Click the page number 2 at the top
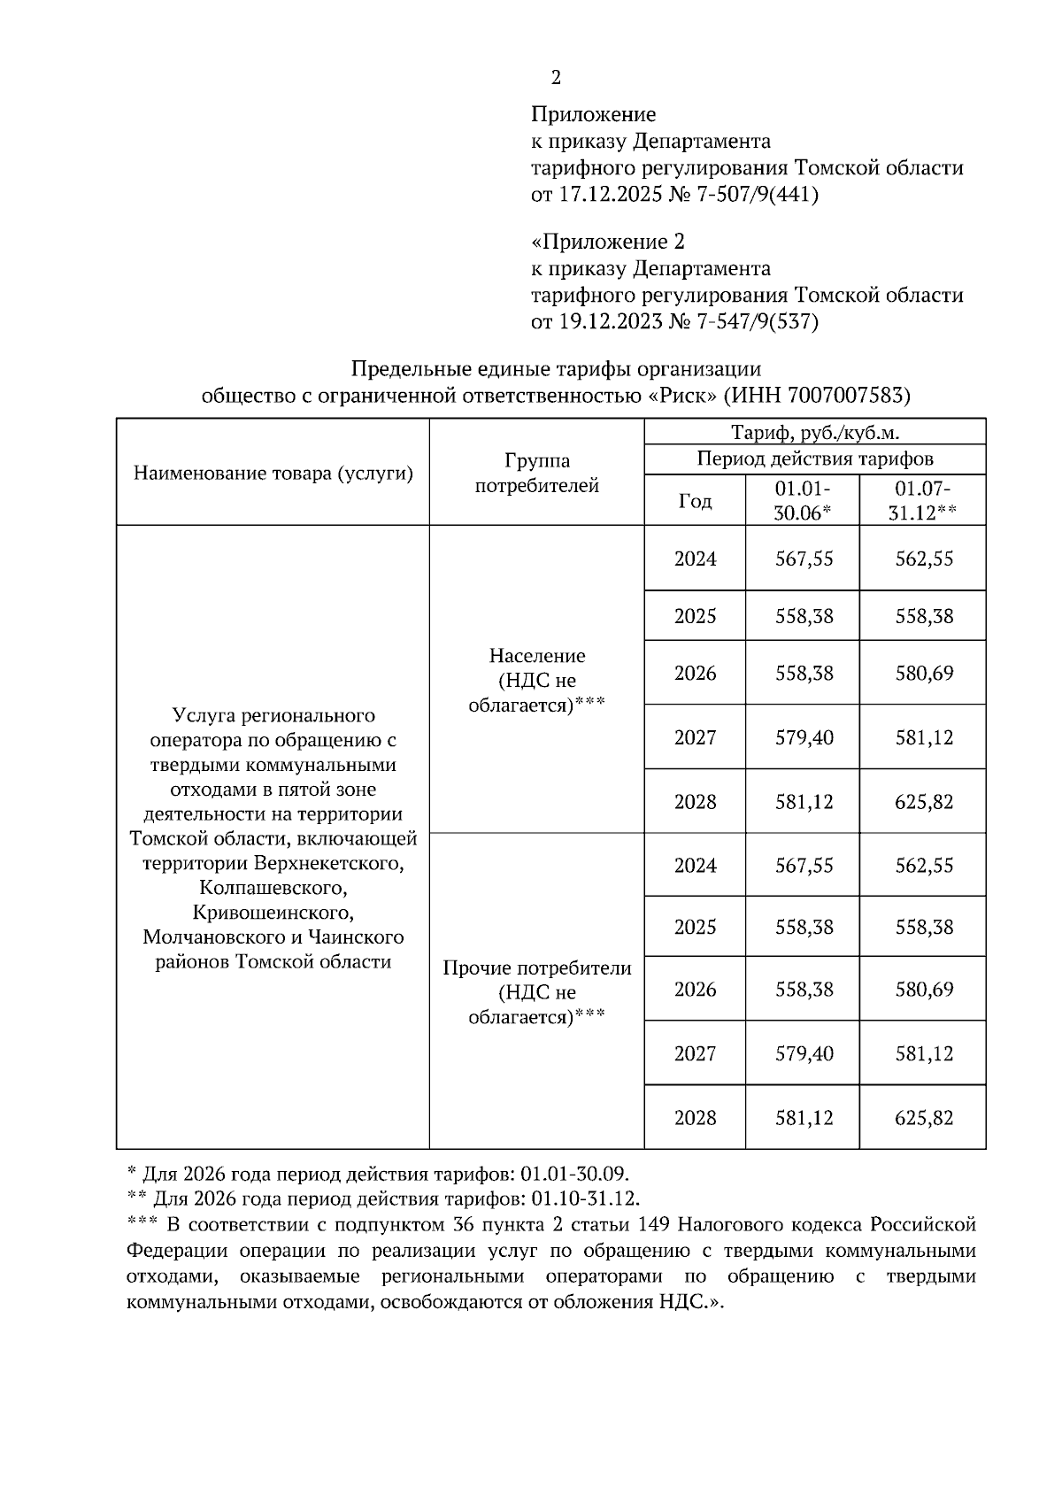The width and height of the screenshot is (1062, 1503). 556,78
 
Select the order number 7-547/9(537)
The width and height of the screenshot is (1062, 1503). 758,321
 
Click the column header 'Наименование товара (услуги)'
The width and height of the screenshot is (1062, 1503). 273,473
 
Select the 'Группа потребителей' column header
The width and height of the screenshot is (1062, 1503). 537,473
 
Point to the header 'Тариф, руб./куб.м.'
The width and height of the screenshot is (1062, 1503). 814,432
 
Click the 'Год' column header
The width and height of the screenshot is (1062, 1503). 695,501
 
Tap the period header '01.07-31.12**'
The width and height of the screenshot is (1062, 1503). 923,500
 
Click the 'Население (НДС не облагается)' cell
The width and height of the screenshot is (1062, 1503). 537,680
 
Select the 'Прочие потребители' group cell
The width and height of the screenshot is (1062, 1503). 537,967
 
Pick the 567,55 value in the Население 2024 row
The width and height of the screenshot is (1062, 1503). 804,559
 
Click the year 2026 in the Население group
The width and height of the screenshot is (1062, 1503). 695,673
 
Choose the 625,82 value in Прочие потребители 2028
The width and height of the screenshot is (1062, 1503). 924,1118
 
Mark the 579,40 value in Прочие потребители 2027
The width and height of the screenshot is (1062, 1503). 804,1053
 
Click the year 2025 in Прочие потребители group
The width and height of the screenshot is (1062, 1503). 695,927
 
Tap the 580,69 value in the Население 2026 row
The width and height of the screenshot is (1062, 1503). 924,673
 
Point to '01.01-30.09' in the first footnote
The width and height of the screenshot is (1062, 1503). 574,1174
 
